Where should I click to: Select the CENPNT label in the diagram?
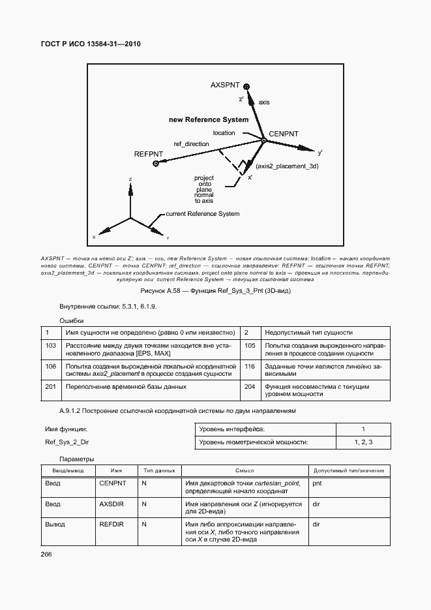tap(283, 134)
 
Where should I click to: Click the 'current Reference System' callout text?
tap(202, 214)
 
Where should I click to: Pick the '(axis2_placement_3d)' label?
tap(287, 167)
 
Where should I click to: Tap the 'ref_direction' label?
tap(191, 144)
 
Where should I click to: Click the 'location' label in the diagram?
tap(224, 133)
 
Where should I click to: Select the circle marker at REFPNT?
tap(156, 164)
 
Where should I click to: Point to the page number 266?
tap(46, 554)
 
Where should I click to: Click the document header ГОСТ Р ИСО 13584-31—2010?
tap(91, 44)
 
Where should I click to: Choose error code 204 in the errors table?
tap(249, 387)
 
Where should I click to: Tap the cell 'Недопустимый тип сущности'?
tap(308, 332)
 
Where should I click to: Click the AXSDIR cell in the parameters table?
tap(112, 504)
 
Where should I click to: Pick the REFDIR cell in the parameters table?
tap(111, 525)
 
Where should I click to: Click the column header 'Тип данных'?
tap(159, 470)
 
